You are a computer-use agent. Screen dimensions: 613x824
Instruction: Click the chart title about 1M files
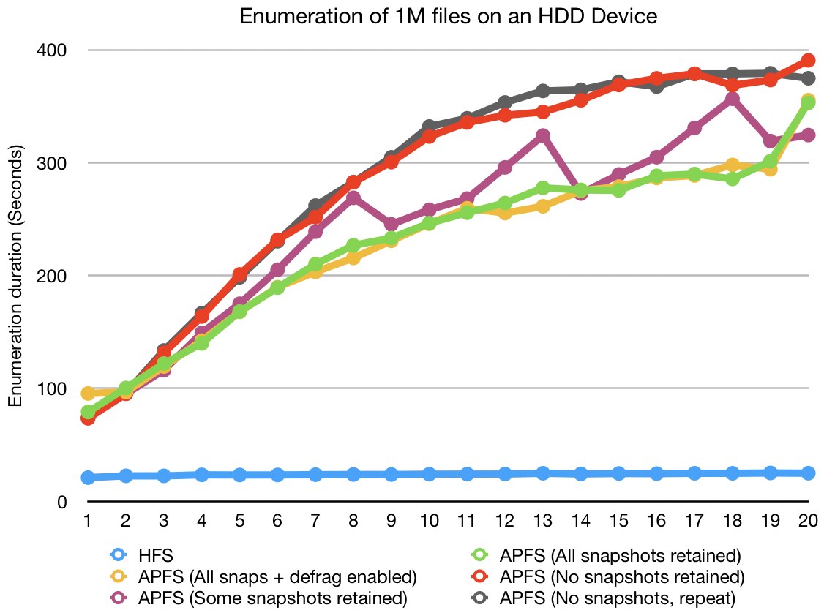(x=449, y=17)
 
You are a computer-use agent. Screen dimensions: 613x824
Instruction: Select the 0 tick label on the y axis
(x=63, y=502)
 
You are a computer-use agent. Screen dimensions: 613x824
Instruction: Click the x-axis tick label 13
(x=542, y=522)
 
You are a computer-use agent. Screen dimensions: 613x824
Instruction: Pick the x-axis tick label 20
(x=807, y=522)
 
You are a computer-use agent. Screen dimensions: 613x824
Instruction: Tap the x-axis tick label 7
(x=315, y=522)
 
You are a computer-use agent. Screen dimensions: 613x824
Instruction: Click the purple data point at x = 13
(x=542, y=136)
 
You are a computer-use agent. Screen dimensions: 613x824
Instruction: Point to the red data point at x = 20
(x=808, y=60)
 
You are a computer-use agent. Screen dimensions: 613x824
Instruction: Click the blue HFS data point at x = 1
(x=88, y=478)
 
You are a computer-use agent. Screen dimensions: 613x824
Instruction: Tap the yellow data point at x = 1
(x=88, y=394)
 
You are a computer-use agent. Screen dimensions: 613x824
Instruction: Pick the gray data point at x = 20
(x=808, y=78)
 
